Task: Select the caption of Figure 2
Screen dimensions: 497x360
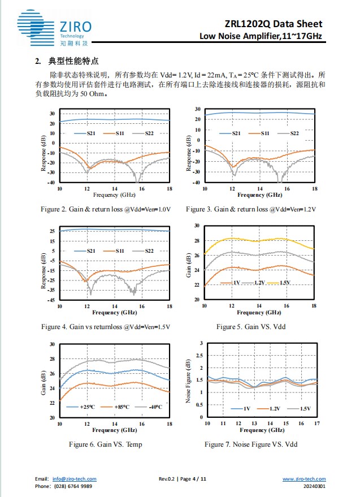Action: [x=106, y=209]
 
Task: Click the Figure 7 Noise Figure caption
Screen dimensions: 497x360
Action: [x=251, y=444]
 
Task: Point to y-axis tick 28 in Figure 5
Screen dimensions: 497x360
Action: [x=197, y=240]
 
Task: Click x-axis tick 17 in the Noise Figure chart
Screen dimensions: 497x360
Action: [x=317, y=423]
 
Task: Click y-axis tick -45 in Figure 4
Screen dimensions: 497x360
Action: [x=52, y=300]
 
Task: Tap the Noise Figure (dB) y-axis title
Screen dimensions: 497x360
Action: [x=189, y=381]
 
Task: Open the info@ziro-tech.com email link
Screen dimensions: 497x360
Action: [x=74, y=479]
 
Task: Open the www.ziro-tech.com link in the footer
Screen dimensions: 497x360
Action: [x=303, y=479]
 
